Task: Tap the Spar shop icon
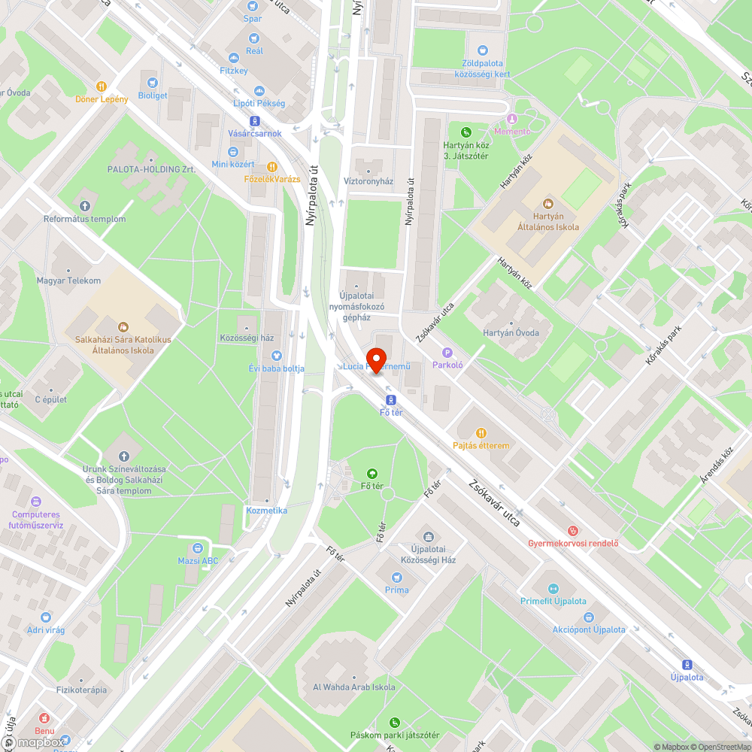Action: point(253,5)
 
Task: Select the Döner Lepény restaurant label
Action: point(102,99)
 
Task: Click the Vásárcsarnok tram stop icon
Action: point(254,120)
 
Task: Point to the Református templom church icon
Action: point(84,205)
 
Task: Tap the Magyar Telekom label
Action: point(68,280)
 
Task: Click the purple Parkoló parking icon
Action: point(447,352)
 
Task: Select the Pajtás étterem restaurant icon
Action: point(481,432)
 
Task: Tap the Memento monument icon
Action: point(512,118)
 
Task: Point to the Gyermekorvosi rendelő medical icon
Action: point(573,530)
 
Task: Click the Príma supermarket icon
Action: point(396,577)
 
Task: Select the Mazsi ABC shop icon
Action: point(198,548)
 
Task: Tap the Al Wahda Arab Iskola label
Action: point(353,687)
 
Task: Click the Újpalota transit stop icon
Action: point(687,664)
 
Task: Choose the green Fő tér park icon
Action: point(371,473)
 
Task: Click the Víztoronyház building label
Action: point(368,181)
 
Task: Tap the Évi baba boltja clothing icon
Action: point(276,355)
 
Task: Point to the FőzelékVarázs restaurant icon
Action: point(272,166)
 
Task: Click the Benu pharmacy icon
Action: point(44,717)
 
